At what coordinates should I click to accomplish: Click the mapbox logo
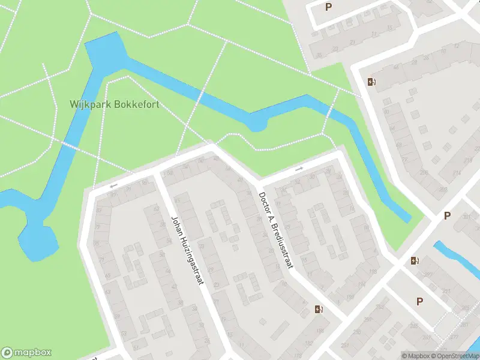coord(26,353)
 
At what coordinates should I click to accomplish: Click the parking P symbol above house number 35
coord(328,7)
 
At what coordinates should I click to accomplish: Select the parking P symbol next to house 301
coord(446,215)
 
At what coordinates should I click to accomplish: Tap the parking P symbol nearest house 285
coord(419,301)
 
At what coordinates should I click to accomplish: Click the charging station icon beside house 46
coord(371,82)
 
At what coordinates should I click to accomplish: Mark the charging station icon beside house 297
coord(414,260)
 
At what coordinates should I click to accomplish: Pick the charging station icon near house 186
coord(319,309)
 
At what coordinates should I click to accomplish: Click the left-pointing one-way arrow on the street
coord(113,186)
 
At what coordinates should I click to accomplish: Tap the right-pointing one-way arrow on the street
coord(298,169)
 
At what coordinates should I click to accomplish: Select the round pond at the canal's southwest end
coord(37,240)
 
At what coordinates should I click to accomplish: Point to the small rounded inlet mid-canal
coord(257,124)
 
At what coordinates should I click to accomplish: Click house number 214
coord(457,173)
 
